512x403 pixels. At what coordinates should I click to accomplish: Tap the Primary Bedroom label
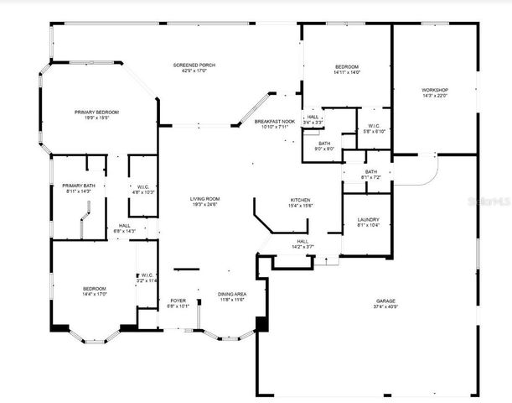click(96, 112)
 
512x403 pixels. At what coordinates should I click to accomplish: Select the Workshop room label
click(434, 90)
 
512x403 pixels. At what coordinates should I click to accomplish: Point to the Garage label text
click(385, 301)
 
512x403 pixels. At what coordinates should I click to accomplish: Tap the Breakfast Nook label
click(274, 123)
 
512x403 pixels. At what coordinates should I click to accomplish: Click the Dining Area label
click(231, 294)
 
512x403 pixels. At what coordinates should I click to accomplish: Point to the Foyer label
click(178, 301)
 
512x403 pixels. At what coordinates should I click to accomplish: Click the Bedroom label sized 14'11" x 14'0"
click(347, 67)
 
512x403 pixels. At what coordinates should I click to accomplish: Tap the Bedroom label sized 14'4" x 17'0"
click(76, 287)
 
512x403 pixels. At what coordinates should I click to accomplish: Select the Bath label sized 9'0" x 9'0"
click(324, 144)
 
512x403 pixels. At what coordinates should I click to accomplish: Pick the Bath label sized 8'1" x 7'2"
click(371, 171)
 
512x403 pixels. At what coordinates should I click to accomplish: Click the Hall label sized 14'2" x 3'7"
click(303, 242)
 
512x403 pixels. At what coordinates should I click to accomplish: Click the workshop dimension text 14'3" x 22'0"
click(434, 96)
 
